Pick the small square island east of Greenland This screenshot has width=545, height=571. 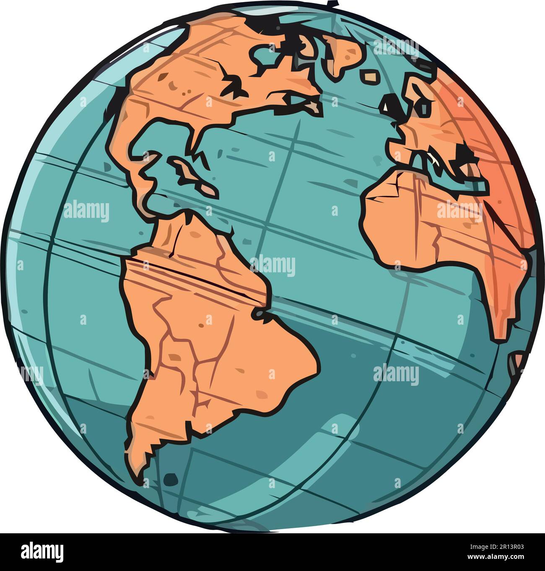point(371,77)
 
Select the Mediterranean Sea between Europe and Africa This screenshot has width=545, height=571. point(440,168)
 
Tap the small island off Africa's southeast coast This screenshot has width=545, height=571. point(518,360)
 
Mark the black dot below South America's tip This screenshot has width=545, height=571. point(170,478)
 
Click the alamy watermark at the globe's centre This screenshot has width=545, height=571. point(272,266)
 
